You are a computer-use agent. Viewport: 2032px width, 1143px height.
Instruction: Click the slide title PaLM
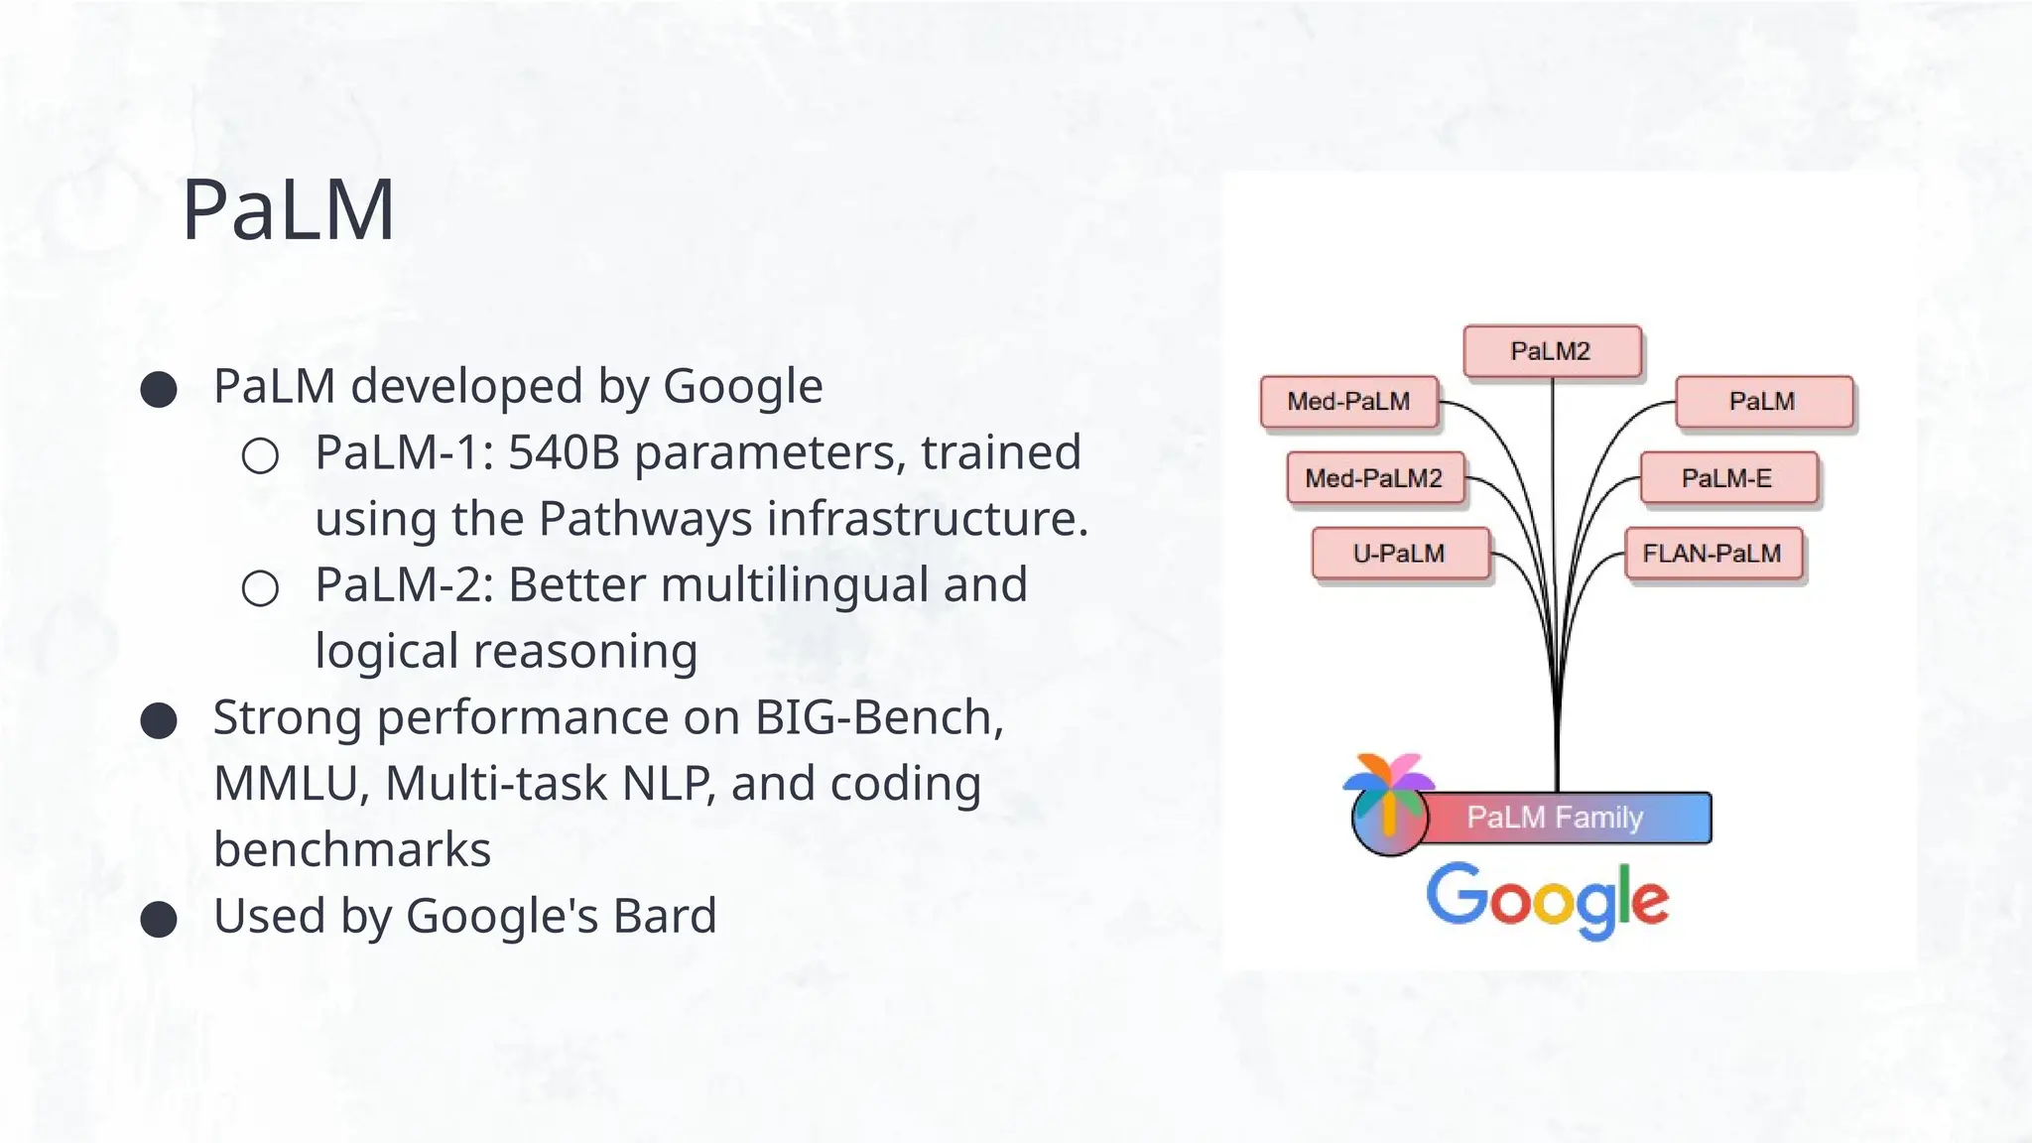click(289, 209)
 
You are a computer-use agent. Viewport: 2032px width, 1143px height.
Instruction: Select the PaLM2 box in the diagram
click(1551, 351)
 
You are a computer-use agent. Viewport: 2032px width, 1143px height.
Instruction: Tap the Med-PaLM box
click(1348, 402)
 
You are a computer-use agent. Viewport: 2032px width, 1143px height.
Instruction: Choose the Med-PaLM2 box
click(1374, 478)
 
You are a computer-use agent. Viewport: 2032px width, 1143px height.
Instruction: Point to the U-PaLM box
click(1399, 554)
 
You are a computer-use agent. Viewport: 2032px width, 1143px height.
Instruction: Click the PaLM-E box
click(1727, 478)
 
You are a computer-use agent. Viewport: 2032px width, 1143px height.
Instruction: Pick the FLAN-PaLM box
click(1713, 554)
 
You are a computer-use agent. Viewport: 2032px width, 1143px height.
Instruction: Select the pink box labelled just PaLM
click(1763, 402)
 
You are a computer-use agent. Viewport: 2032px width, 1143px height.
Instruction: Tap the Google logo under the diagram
click(1548, 899)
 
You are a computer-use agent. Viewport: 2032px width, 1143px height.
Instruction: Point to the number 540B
click(564, 452)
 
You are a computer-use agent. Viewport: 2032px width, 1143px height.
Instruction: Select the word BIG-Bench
click(879, 717)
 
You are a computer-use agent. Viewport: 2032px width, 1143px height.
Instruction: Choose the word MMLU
click(286, 784)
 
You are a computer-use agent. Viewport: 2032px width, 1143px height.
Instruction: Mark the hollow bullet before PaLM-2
click(260, 588)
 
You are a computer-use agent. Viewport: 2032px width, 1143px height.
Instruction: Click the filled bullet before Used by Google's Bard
click(159, 919)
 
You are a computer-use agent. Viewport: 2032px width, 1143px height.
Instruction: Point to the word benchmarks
click(352, 850)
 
